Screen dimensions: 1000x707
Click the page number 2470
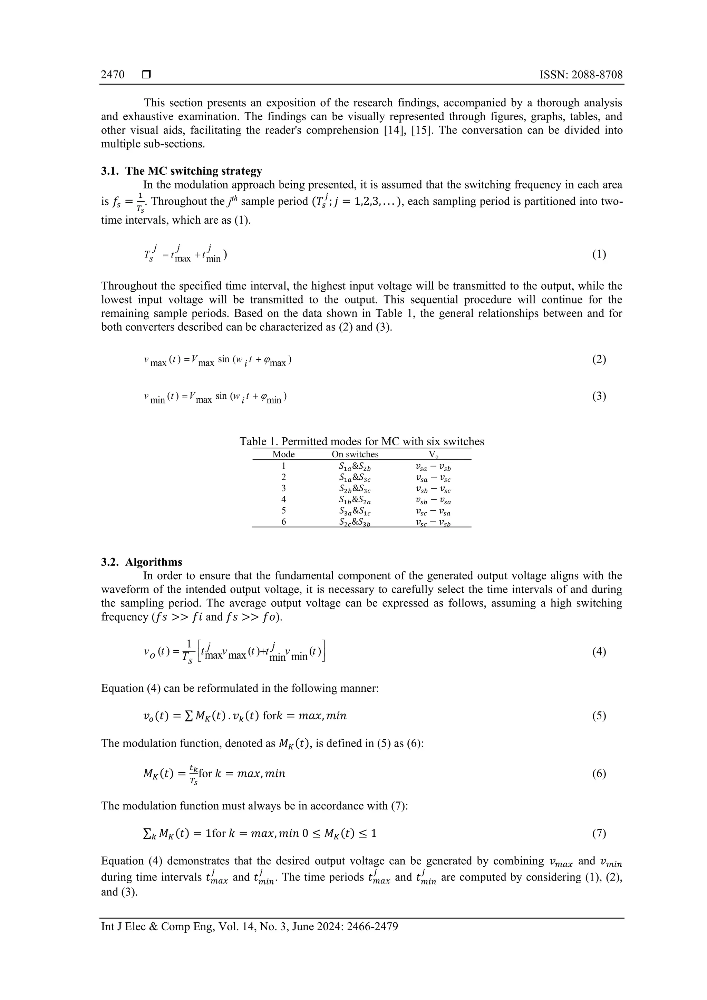point(113,75)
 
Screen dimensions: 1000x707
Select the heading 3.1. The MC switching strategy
point(182,171)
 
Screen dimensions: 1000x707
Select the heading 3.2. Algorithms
point(142,562)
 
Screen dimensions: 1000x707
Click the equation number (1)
point(599,254)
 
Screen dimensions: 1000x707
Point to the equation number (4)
point(599,652)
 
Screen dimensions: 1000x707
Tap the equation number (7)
point(599,834)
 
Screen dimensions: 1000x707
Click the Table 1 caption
point(361,441)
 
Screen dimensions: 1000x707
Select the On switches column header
point(355,454)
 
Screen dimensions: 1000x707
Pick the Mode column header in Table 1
point(283,454)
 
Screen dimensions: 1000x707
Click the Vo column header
point(433,455)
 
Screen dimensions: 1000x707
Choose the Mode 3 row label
point(283,488)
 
